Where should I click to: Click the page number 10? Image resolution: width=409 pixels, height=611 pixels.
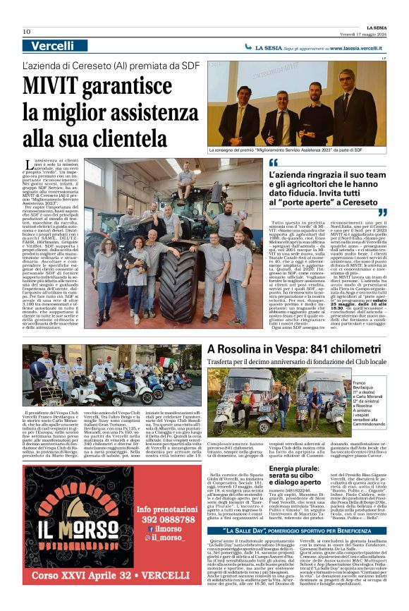point(27,32)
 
